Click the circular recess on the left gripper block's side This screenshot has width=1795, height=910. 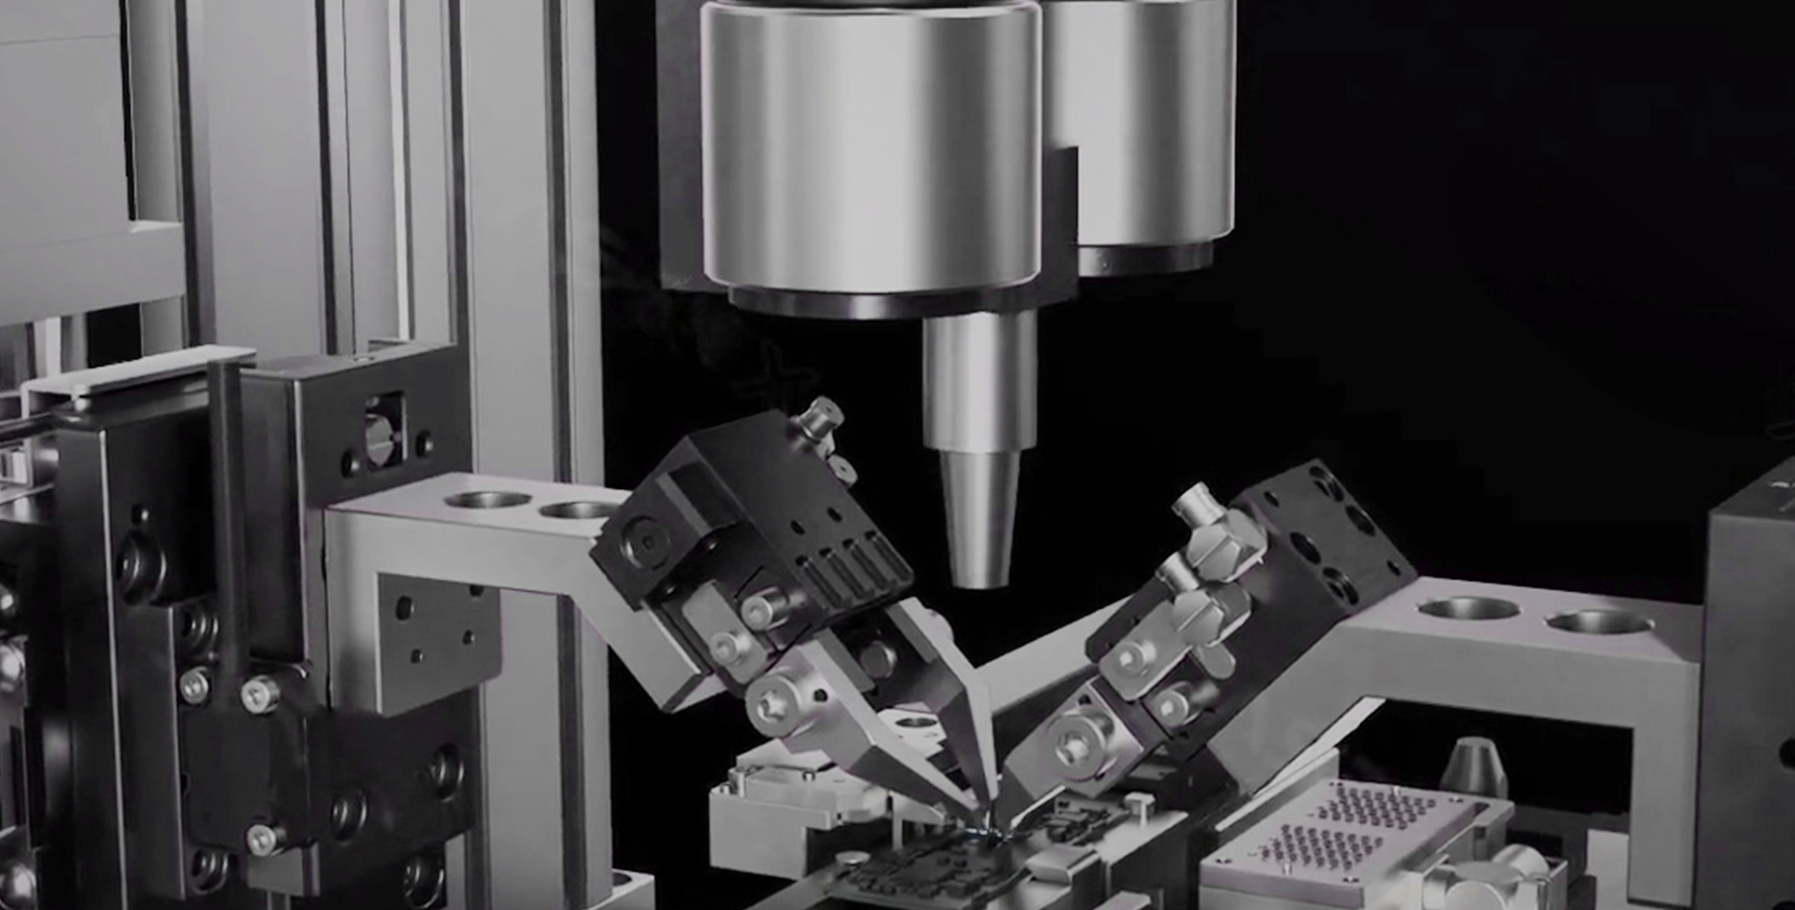click(x=644, y=540)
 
